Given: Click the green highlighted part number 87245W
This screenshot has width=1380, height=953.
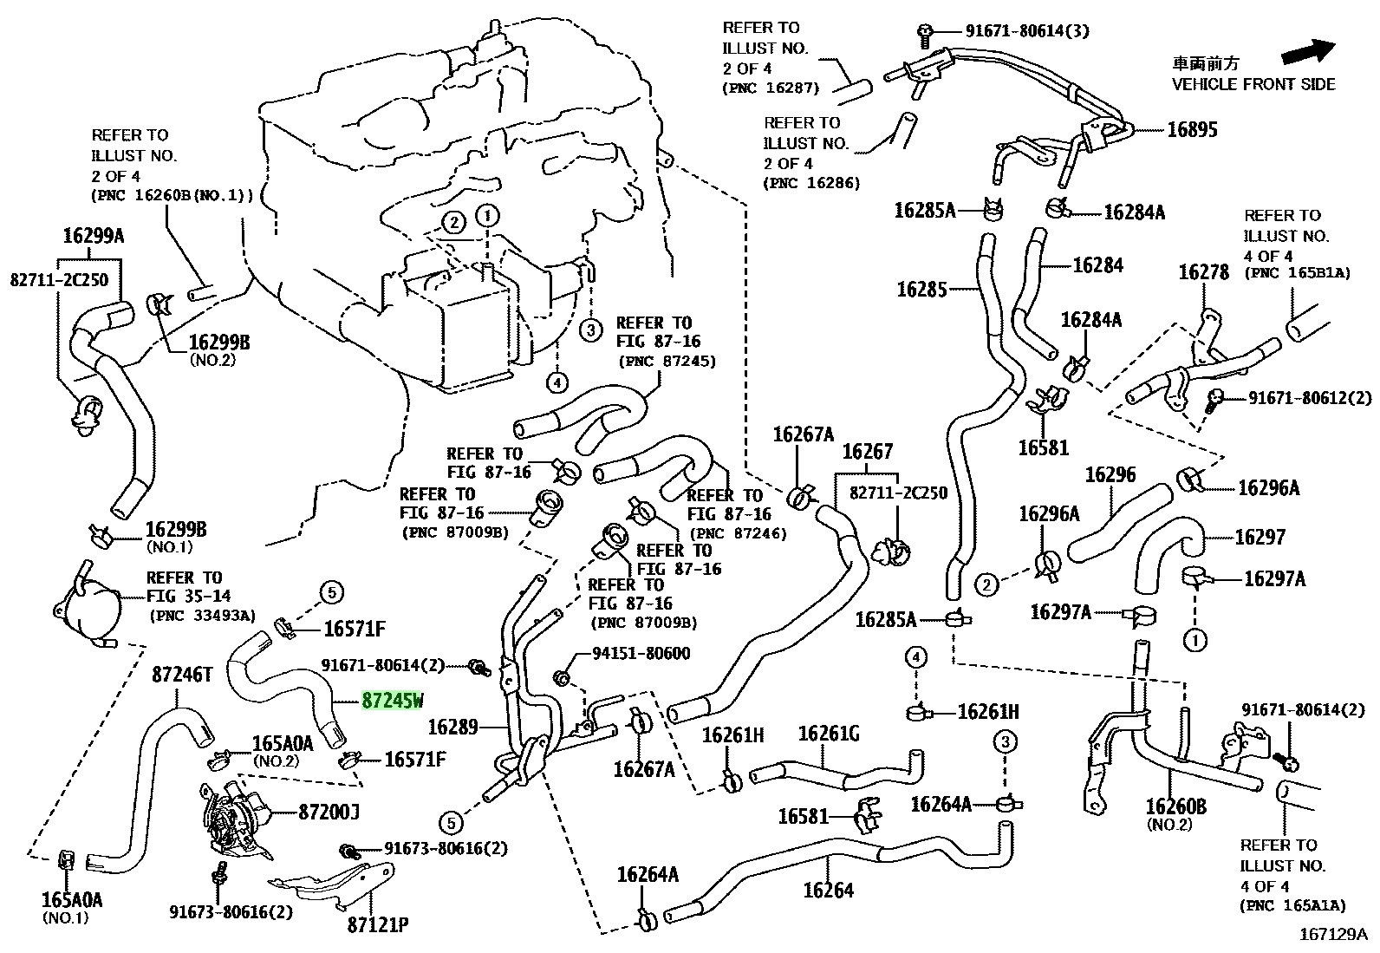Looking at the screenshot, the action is (393, 701).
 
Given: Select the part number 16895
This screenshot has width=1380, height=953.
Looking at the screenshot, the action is (1192, 130).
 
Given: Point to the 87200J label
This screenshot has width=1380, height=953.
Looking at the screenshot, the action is (329, 813).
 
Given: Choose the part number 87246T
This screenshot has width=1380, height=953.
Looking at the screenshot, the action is (182, 675).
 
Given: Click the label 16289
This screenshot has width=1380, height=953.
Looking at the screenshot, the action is (452, 728).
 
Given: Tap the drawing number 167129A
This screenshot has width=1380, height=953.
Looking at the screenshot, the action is (1333, 935).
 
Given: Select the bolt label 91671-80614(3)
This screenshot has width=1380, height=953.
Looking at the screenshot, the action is (1027, 31).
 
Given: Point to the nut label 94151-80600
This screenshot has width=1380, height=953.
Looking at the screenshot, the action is (641, 654).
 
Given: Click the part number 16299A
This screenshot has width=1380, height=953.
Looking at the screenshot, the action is (94, 236).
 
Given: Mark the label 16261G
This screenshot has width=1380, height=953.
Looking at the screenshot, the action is (829, 734).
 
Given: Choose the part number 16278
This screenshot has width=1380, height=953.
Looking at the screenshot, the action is (1204, 272).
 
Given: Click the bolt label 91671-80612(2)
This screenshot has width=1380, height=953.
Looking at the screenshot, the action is (1310, 398).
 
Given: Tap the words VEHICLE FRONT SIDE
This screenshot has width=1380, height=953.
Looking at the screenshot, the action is (1253, 84).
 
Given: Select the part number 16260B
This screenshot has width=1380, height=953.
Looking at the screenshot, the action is (1176, 806).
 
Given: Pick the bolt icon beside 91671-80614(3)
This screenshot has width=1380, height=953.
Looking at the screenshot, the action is (925, 36).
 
